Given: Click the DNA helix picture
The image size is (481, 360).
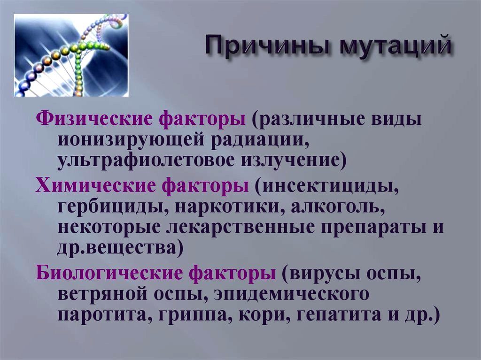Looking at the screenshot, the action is pos(71,55).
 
